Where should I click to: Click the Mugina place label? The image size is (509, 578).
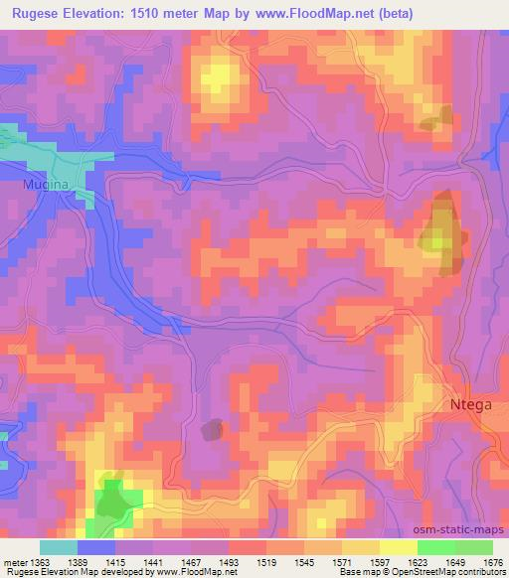point(44,184)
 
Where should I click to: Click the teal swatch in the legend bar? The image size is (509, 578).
point(59,547)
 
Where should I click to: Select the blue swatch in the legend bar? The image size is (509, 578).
point(96,547)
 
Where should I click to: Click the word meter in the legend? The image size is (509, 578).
point(15,561)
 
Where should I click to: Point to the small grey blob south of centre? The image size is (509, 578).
point(212,430)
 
